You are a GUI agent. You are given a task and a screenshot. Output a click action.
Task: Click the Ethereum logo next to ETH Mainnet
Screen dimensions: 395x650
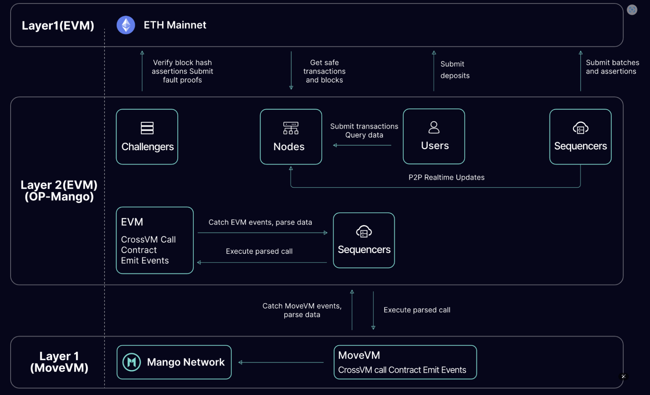[x=126, y=25]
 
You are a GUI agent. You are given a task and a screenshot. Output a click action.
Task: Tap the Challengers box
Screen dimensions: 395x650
[x=147, y=137]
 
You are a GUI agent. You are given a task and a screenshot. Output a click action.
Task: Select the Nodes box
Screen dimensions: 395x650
[x=291, y=137]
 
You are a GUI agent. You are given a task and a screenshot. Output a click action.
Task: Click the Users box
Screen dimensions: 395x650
[x=434, y=137]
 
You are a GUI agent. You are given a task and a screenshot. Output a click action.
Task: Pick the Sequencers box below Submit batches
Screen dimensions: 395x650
[x=580, y=137]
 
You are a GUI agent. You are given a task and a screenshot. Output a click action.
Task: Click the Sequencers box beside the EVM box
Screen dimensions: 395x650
[x=364, y=240]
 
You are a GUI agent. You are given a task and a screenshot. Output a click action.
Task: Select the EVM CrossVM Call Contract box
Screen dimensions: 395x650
[x=155, y=240]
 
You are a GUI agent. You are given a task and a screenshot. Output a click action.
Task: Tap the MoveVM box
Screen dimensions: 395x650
[x=405, y=362]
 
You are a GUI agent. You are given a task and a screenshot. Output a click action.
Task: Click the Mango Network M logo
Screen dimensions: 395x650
[x=132, y=362]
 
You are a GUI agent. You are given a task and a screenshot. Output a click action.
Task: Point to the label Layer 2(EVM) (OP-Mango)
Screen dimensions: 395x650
[x=59, y=191]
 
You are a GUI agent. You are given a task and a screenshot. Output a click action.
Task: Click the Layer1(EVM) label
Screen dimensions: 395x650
[x=58, y=25]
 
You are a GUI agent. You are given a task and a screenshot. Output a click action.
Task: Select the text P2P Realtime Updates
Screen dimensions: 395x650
[x=446, y=178]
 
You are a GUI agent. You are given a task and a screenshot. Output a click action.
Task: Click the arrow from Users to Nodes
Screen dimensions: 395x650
[x=362, y=145]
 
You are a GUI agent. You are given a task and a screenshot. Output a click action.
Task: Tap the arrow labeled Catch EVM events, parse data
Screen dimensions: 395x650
[x=262, y=233]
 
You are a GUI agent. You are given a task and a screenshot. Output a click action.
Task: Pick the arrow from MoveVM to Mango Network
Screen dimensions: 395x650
[x=281, y=362]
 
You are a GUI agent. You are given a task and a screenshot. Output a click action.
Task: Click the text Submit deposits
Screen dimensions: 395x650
[x=455, y=70]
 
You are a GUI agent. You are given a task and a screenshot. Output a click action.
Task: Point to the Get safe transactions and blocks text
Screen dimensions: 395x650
[x=324, y=71]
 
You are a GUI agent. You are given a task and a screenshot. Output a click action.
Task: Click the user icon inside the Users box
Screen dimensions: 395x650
[x=434, y=127]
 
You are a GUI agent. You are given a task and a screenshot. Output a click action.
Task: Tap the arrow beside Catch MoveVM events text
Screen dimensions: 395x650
[x=352, y=310]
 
